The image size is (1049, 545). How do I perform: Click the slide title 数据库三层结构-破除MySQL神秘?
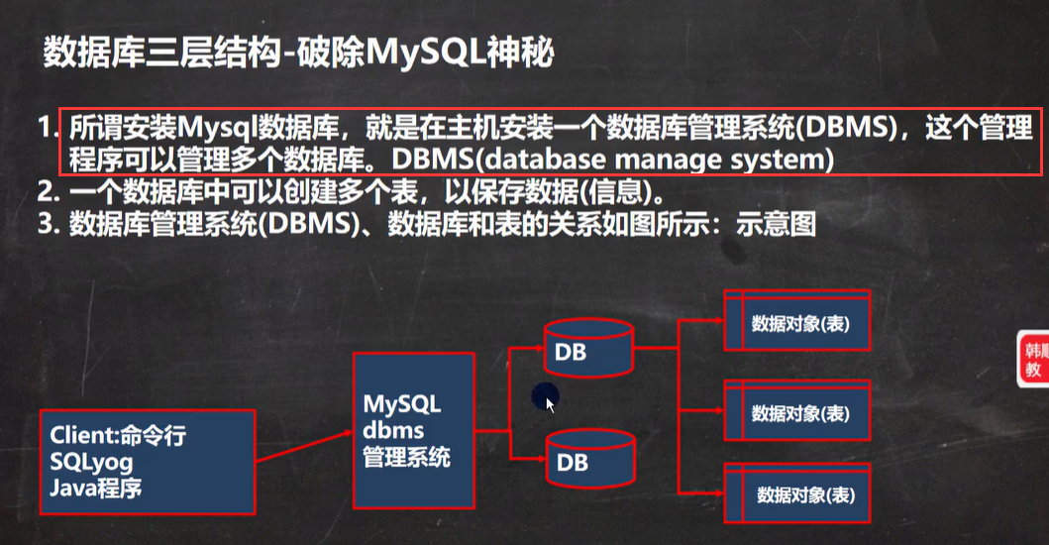[297, 53]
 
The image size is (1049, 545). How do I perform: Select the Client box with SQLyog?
[146, 462]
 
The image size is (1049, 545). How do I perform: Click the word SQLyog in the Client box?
[92, 462]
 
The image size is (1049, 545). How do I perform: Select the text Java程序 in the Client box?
[98, 487]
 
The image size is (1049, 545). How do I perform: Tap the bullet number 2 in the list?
[46, 191]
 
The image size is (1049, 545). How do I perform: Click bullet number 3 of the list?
[46, 224]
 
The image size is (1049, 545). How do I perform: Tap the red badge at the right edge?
[1034, 360]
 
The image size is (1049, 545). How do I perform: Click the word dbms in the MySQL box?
[393, 431]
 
